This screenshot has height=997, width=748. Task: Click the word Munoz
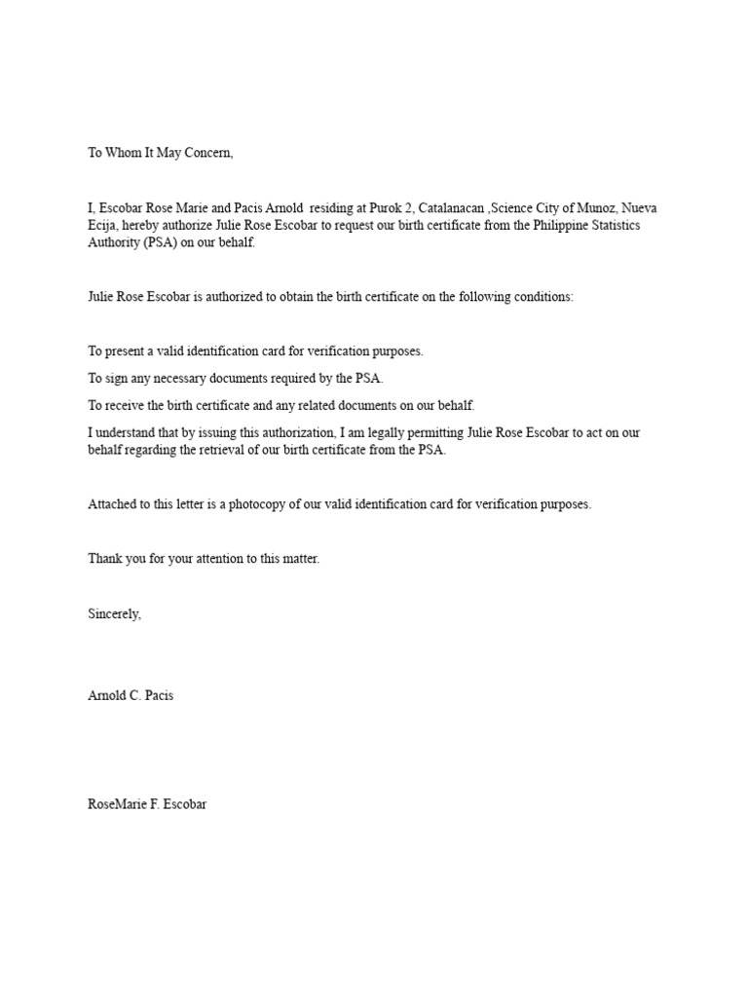point(592,209)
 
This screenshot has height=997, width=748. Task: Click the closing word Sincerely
point(114,613)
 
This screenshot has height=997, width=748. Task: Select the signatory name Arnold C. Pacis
point(131,697)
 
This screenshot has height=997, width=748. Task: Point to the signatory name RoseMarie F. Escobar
point(147,805)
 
